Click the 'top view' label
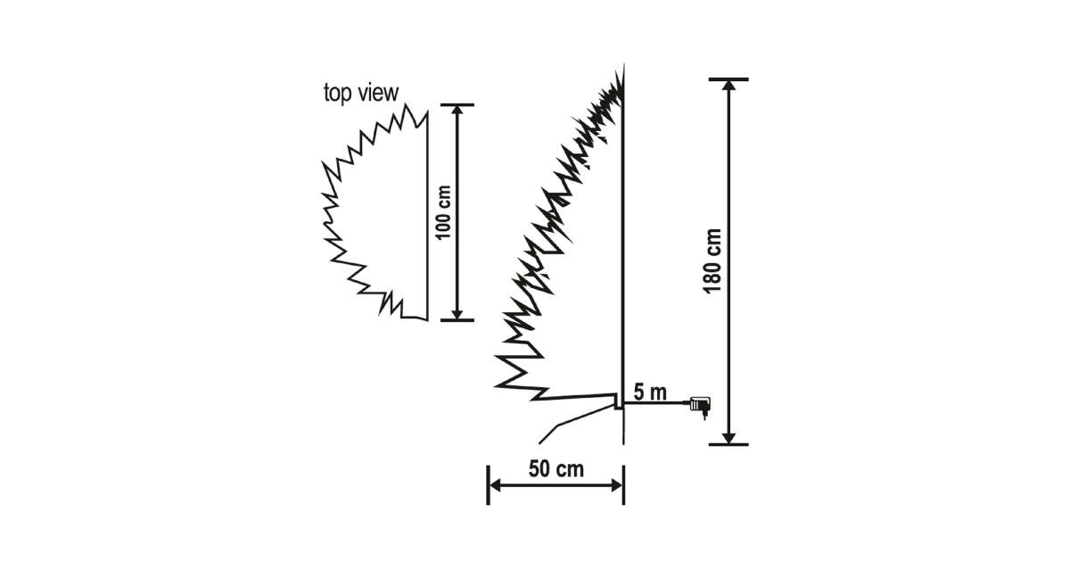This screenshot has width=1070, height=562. click(x=361, y=92)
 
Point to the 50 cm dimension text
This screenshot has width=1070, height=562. click(x=556, y=469)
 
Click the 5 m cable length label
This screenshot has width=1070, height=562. click(x=649, y=391)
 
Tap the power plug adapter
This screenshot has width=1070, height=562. click(x=700, y=406)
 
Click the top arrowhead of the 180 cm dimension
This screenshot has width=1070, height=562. click(x=729, y=86)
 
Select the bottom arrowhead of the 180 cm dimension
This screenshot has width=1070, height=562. click(x=729, y=437)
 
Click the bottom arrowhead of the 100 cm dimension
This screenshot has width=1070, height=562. click(x=457, y=313)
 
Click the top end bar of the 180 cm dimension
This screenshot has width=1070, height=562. click(x=729, y=79)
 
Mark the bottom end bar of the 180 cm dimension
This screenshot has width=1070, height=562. click(x=729, y=444)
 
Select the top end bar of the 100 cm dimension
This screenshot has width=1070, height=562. click(x=457, y=104)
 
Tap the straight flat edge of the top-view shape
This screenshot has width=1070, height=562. click(x=427, y=214)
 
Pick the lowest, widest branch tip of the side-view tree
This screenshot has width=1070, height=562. click(x=498, y=385)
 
